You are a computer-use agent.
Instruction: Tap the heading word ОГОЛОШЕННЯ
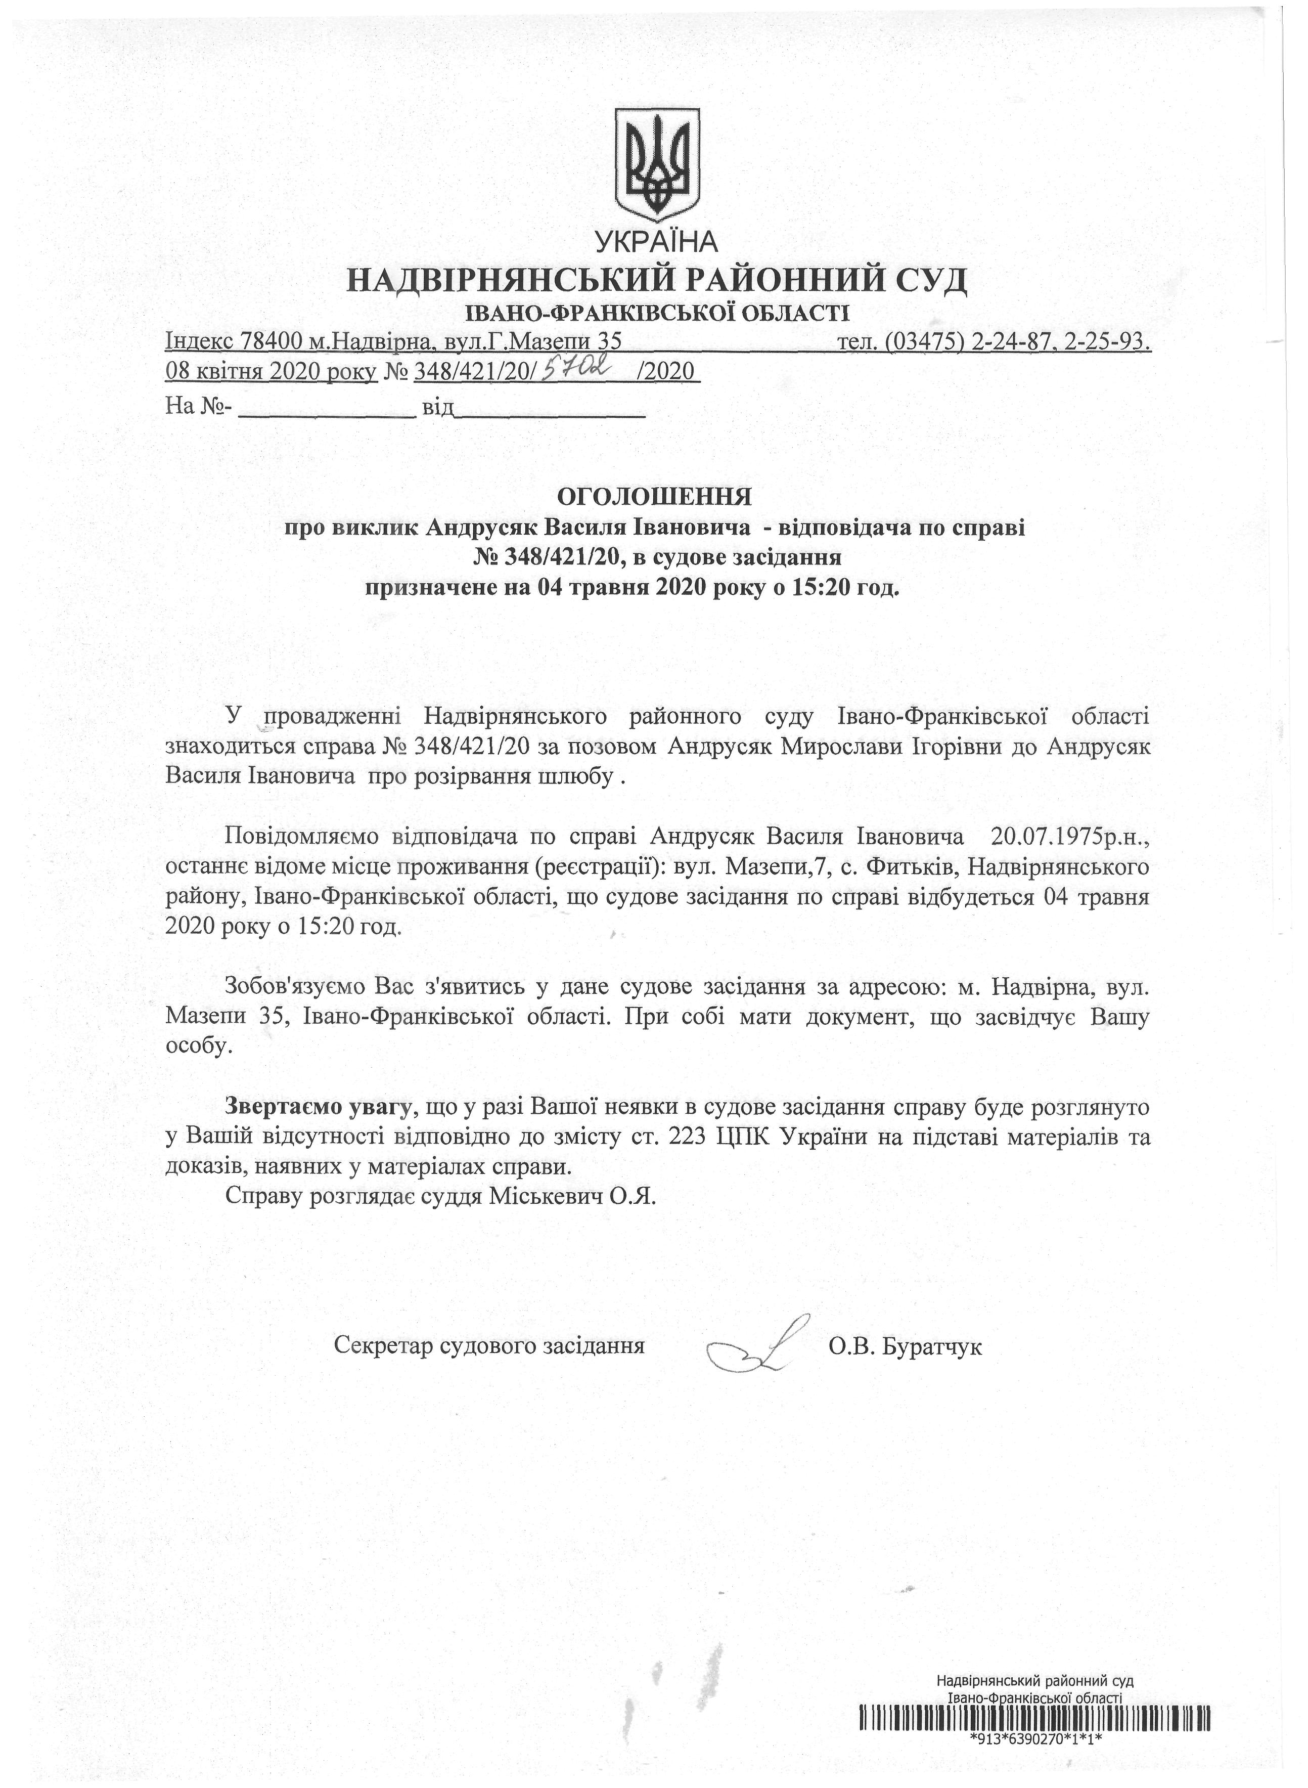[654, 497]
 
